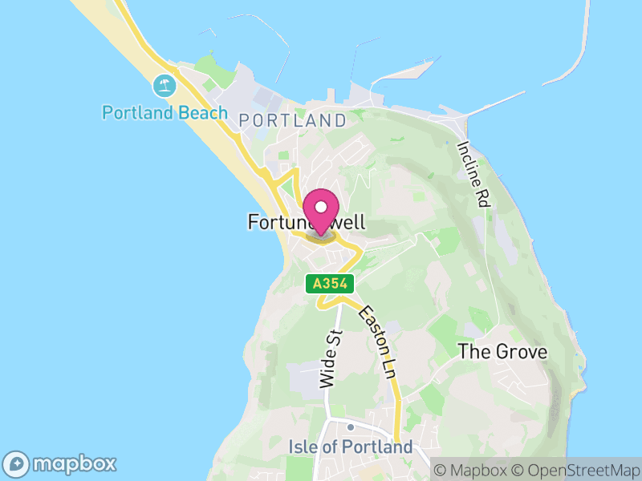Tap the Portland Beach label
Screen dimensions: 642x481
pyautogui.click(x=165, y=112)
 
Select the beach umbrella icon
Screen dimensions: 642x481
pyautogui.click(x=165, y=84)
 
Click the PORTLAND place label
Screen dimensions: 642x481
pyautogui.click(x=293, y=121)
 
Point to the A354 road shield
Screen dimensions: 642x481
pyautogui.click(x=329, y=283)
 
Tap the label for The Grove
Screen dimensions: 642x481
pyautogui.click(x=502, y=352)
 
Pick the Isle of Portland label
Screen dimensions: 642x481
pyautogui.click(x=350, y=447)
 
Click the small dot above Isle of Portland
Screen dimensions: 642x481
pyautogui.click(x=350, y=426)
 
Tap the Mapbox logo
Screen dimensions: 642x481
pyautogui.click(x=61, y=463)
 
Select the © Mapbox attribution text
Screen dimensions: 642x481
pyautogui.click(x=476, y=469)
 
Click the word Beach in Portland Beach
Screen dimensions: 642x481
pyautogui.click(x=203, y=112)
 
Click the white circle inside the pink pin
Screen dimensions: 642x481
pyautogui.click(x=321, y=207)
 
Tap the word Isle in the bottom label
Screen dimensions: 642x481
pyautogui.click(x=301, y=447)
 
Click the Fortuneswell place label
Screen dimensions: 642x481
pyautogui.click(x=307, y=223)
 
